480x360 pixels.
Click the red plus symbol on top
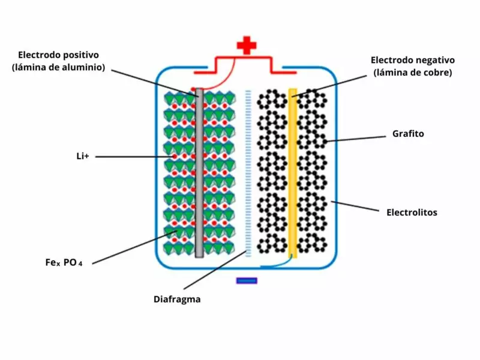tap(246, 46)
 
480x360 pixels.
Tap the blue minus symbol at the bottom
tap(247, 280)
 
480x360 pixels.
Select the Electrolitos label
tap(412, 212)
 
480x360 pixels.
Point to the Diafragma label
tap(177, 299)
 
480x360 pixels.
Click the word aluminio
tap(82, 67)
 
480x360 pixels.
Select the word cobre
tap(436, 73)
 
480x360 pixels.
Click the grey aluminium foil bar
tap(199, 174)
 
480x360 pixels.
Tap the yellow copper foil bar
tap(293, 174)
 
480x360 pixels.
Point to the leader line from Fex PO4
tap(132, 248)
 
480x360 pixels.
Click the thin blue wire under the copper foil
tap(276, 265)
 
